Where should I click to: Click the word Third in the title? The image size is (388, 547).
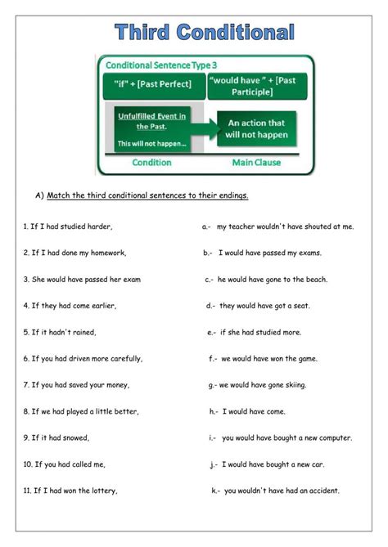142,33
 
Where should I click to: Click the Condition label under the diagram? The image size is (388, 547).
151,162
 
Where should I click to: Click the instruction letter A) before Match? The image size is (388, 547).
38,195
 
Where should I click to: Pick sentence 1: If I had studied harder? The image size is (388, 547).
67,226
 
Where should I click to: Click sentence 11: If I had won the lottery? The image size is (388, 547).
70,491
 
